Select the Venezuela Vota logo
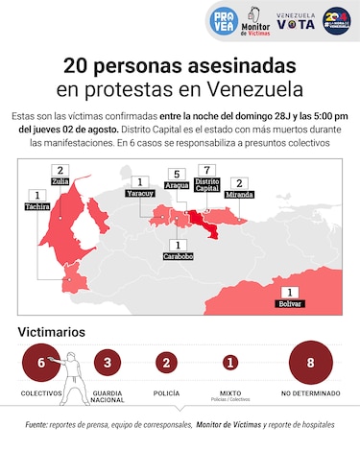click(296, 19)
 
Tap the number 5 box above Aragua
click(174, 174)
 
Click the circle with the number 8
click(309, 363)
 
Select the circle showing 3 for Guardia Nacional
click(108, 363)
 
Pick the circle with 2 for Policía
click(166, 363)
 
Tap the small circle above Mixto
click(229, 363)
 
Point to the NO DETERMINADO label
click(309, 394)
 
